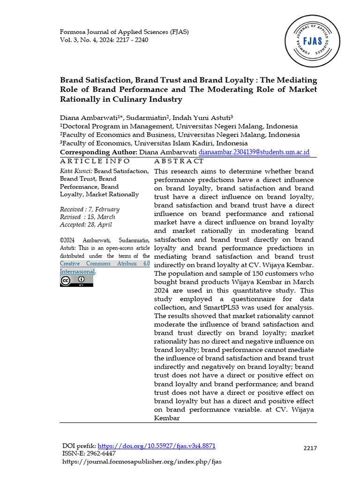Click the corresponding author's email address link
coord(254,152)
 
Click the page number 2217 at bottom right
coord(310,448)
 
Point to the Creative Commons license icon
coord(76,281)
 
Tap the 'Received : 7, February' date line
coord(90,209)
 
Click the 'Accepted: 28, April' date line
coord(86,225)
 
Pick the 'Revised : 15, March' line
coord(87,217)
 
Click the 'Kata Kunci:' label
coord(76,172)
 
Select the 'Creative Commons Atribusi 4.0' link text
coord(105,264)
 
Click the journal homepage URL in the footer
coord(142,461)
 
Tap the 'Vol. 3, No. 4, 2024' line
coord(104,40)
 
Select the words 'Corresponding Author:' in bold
coord(98,152)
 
